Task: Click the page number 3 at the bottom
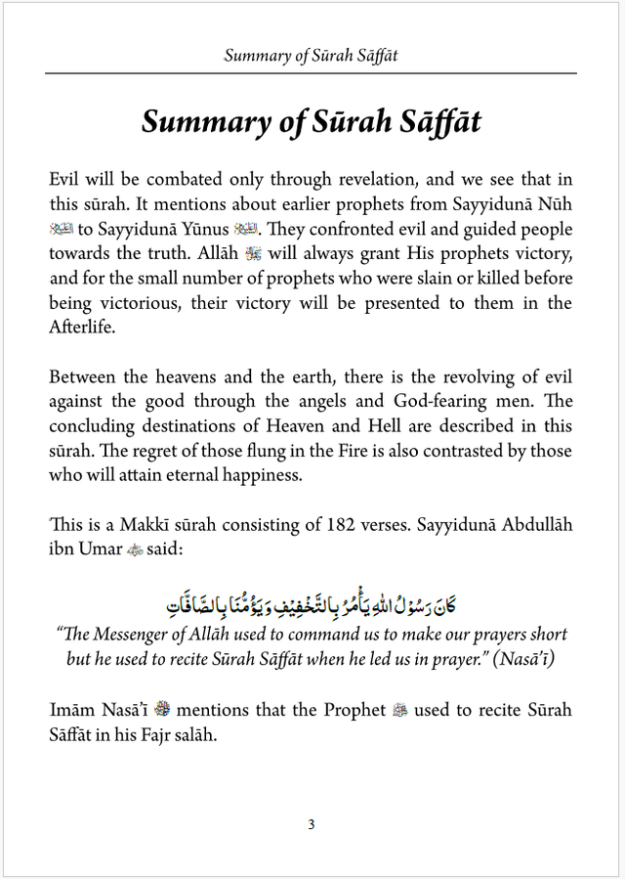click(x=312, y=824)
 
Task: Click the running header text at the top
click(x=311, y=55)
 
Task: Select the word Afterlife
click(x=82, y=328)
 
